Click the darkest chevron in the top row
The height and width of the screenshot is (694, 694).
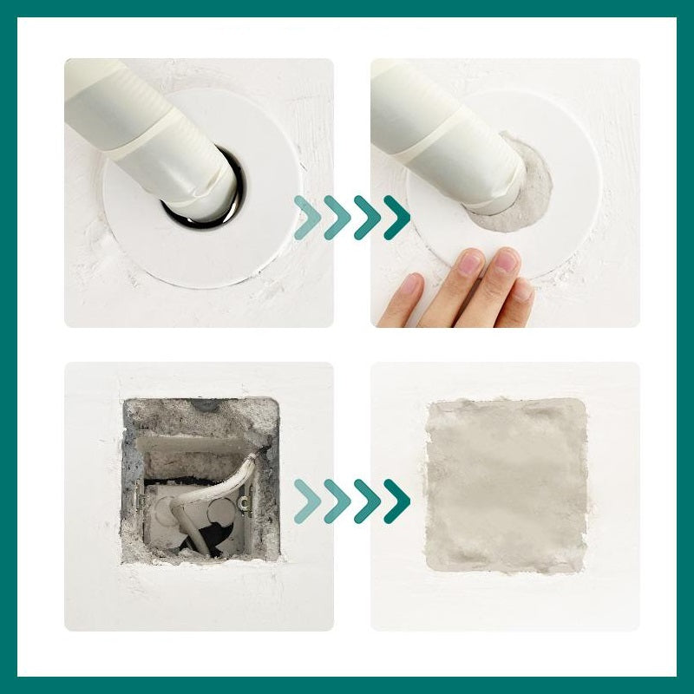pyautogui.click(x=396, y=218)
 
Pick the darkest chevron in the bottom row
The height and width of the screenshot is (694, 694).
pyautogui.click(x=396, y=501)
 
